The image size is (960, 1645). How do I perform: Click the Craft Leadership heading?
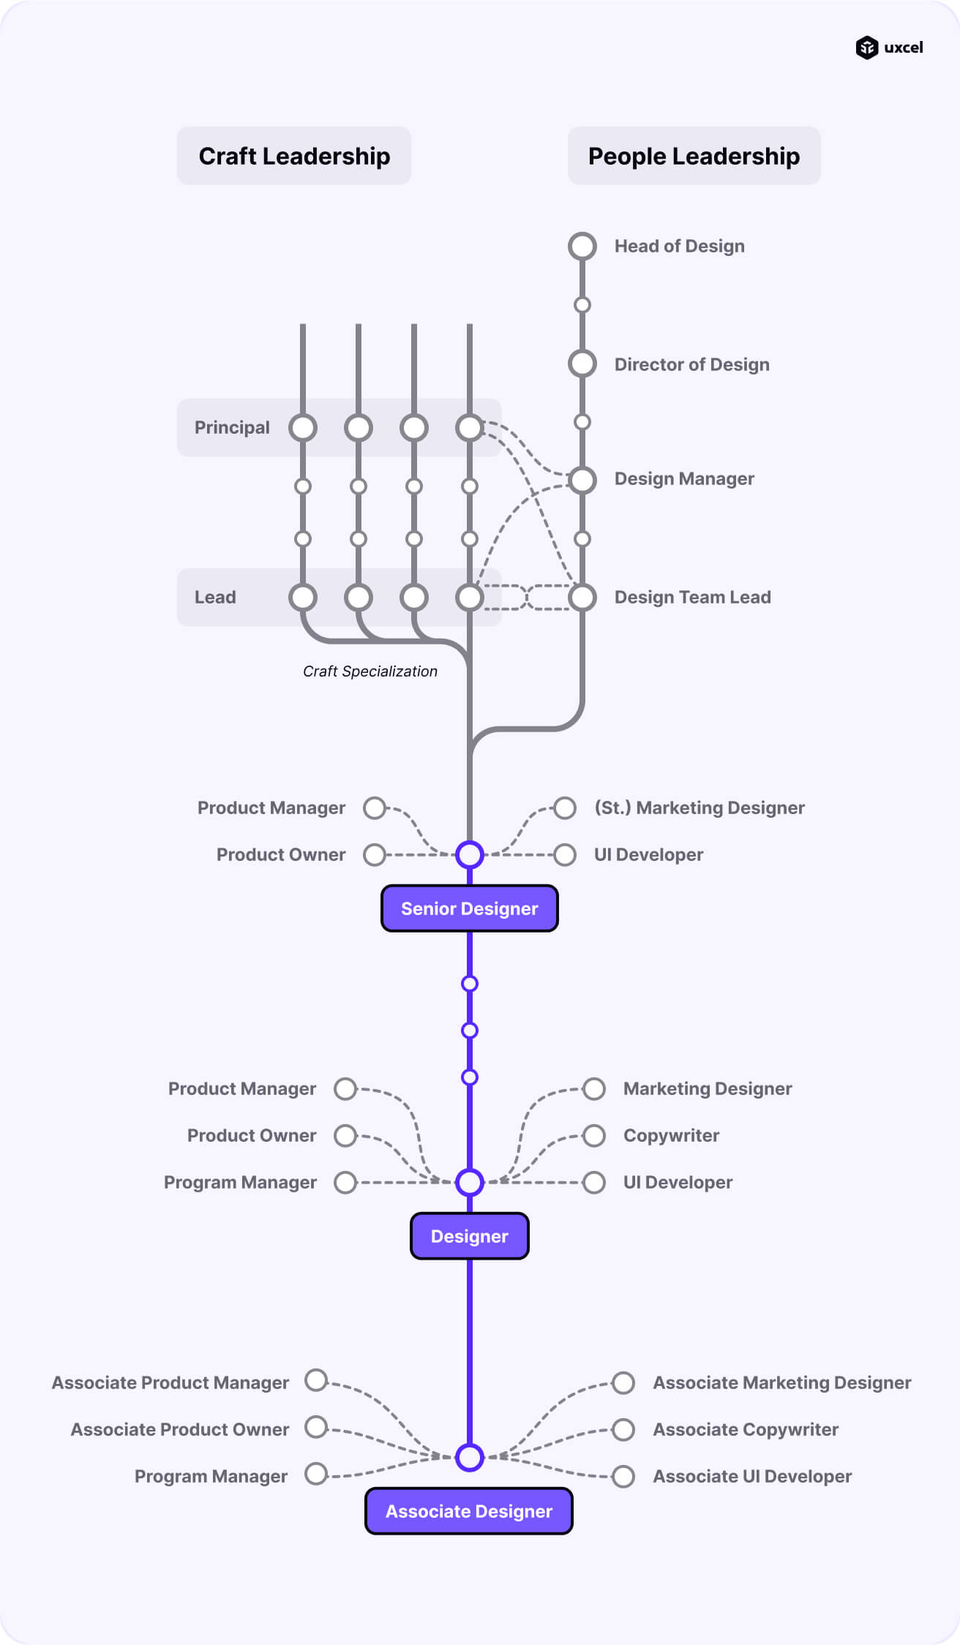[294, 156]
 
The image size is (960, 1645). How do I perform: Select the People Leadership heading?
[694, 156]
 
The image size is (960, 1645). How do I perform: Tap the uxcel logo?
[889, 48]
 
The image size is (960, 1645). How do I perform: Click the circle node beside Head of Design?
[582, 246]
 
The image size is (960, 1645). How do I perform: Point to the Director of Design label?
[691, 364]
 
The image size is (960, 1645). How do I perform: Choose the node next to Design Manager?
[582, 480]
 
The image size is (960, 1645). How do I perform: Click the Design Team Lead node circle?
[582, 598]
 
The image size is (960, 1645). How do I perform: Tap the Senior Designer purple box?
[469, 908]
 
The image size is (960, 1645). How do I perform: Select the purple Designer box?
[469, 1236]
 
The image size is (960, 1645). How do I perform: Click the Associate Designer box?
[468, 1511]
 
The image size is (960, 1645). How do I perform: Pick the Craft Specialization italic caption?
[370, 671]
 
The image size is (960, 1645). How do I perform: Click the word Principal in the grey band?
[232, 428]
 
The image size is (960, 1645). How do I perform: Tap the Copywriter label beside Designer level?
[671, 1135]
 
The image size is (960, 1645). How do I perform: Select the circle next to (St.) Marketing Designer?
[564, 808]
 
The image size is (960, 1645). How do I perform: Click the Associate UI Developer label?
[752, 1476]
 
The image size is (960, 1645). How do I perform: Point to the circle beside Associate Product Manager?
[316, 1380]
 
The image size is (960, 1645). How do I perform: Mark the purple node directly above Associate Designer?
[469, 1457]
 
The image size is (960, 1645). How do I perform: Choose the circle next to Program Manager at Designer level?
[345, 1182]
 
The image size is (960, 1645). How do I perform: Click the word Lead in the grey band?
[215, 598]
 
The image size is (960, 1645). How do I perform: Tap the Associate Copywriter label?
[746, 1429]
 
